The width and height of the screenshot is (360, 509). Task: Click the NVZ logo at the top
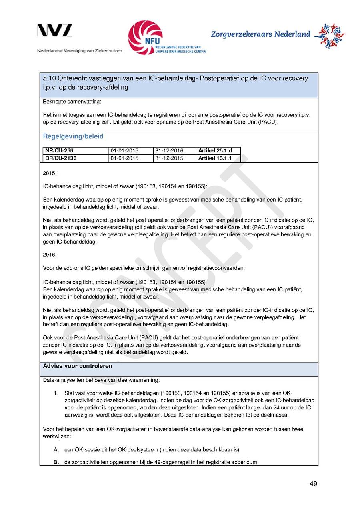point(55,30)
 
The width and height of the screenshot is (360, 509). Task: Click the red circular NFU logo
point(145,37)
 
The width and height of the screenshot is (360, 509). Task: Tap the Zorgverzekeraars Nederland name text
point(260,34)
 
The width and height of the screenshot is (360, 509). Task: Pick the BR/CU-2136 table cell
point(61,158)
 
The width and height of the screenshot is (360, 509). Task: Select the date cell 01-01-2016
point(124,151)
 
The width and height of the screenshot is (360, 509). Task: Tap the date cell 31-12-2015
point(169,158)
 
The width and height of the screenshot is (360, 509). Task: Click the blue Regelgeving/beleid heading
point(73,136)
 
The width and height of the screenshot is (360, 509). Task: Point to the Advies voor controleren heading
point(78,366)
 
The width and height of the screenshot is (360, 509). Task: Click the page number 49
point(313,484)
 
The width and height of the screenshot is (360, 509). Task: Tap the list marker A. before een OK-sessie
point(56,450)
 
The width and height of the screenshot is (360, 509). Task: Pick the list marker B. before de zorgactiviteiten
point(56,462)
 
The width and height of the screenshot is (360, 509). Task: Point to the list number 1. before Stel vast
point(56,393)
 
